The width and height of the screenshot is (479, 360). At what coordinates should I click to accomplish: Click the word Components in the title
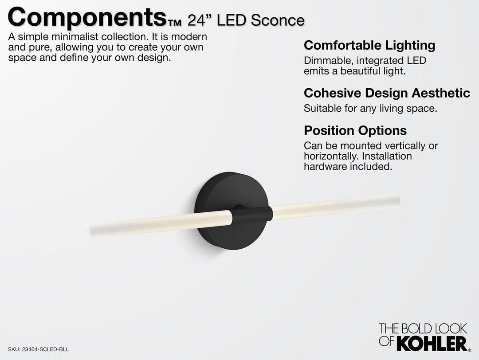(87, 18)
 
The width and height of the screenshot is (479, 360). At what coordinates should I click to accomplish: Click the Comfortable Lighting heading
(369, 45)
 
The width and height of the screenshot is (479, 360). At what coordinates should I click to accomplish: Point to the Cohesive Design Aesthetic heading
(387, 93)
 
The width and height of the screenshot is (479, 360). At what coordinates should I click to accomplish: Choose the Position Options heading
(355, 131)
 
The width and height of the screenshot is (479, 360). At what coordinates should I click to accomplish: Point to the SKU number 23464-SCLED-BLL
(44, 349)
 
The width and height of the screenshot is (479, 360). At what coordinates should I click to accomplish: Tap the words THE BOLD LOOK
(422, 329)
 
